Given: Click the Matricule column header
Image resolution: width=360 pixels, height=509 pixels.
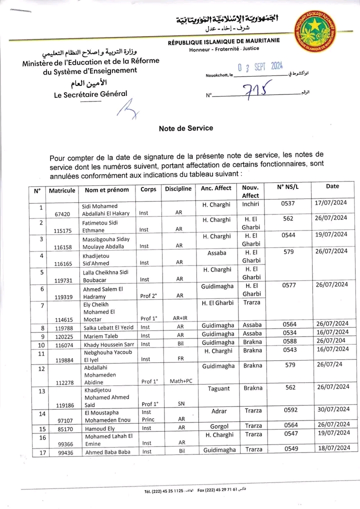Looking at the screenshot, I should coord(62,190).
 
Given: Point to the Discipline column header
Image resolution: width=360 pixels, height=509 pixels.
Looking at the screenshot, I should coord(178,189).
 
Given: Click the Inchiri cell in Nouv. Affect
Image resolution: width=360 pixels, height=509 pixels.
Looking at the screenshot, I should coord(250,203).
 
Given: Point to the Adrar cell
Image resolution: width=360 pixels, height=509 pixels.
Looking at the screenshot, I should coord(219,411).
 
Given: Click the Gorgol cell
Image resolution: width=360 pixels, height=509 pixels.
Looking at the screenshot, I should coord(219,426).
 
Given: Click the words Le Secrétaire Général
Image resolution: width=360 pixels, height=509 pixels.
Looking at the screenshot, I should coord(90,93).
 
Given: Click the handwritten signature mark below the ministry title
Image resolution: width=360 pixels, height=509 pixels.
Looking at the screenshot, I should coord(127,108).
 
